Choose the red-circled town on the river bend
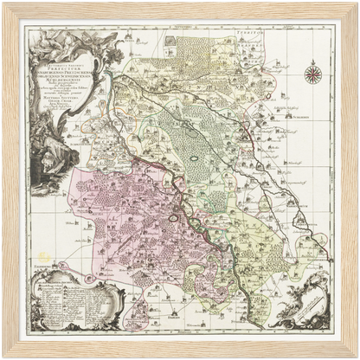173,218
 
